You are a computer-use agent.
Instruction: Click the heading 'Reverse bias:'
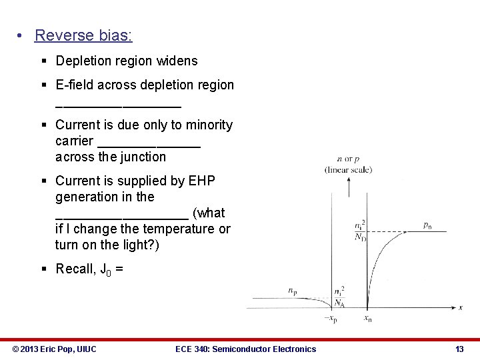[x=83, y=35]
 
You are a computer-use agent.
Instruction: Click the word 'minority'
[x=207, y=125]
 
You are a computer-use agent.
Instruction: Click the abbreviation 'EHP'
[x=202, y=181]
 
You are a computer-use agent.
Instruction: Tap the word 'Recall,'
[x=77, y=269]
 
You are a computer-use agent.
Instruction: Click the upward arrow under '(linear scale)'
[x=347, y=191]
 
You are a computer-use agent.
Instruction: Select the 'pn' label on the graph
[x=427, y=225]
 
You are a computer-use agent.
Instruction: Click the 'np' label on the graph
[x=293, y=291]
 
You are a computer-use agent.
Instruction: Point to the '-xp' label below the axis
[x=331, y=319]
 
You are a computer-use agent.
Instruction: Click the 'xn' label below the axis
[x=367, y=319]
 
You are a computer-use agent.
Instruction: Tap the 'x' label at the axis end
[x=461, y=307]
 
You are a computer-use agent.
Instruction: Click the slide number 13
[x=459, y=349]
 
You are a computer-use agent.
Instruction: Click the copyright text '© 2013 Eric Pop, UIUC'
[x=55, y=349]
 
